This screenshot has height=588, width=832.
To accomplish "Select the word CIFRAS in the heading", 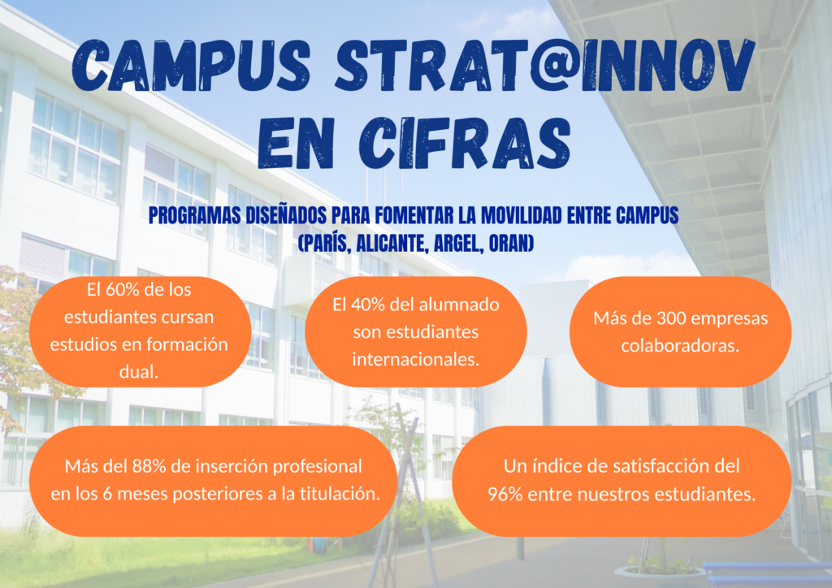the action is tap(465, 143).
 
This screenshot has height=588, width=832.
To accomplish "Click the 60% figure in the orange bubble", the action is tap(120, 289).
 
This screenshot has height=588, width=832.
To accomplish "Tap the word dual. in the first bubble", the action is tap(139, 372).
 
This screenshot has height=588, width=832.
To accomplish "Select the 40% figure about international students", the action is tap(366, 305).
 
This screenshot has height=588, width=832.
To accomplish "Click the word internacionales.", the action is tap(416, 360).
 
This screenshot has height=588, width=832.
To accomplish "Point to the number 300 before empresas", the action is tap(672, 318).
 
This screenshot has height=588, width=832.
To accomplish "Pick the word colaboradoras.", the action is tap(680, 346).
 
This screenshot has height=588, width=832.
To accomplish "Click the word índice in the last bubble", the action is tap(554, 466).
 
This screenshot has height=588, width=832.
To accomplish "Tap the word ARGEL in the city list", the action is tap(458, 244).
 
